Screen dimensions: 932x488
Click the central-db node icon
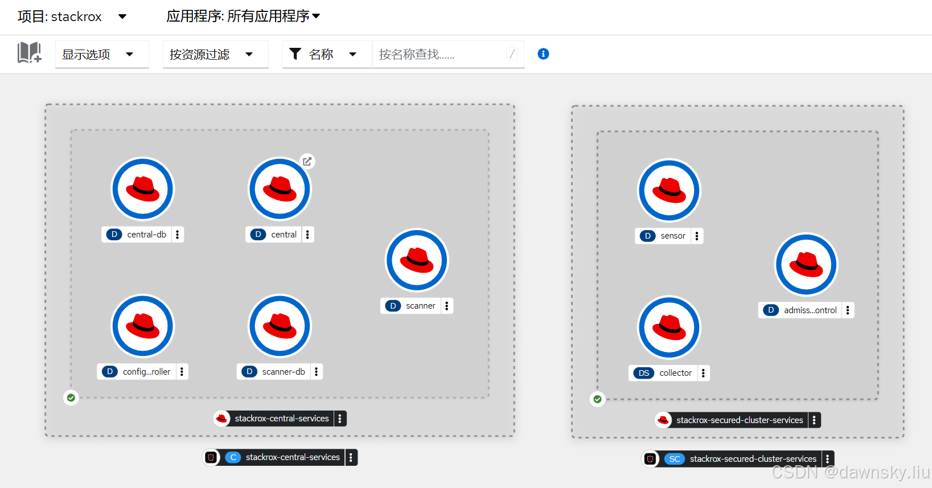142,189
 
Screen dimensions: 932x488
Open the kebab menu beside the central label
307,235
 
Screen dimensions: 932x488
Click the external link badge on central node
307,162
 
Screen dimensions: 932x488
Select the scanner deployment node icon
417,260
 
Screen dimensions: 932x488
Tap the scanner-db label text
284,372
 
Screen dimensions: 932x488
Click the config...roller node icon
142,326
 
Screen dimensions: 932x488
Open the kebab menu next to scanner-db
317,372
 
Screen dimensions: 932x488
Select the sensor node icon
669,190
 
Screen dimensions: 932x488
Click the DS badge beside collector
644,373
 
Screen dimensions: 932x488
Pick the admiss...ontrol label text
810,310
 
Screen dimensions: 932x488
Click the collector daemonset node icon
669,327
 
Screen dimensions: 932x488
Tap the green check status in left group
71,397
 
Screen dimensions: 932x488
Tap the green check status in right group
597,399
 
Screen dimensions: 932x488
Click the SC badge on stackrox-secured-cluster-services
675,459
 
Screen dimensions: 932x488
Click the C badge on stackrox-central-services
233,457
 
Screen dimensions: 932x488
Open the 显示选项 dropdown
102,55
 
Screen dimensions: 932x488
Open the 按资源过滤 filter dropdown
215,55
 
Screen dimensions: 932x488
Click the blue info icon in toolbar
543,54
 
